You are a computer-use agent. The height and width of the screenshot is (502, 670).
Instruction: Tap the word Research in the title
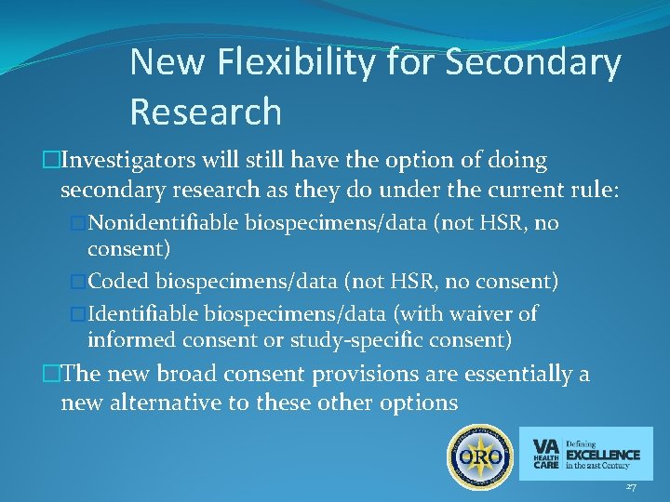click(206, 112)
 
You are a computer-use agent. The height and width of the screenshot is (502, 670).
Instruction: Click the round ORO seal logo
click(481, 456)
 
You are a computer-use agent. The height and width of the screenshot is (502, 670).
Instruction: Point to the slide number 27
click(631, 487)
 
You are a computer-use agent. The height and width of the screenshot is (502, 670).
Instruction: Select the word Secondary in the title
click(534, 63)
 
